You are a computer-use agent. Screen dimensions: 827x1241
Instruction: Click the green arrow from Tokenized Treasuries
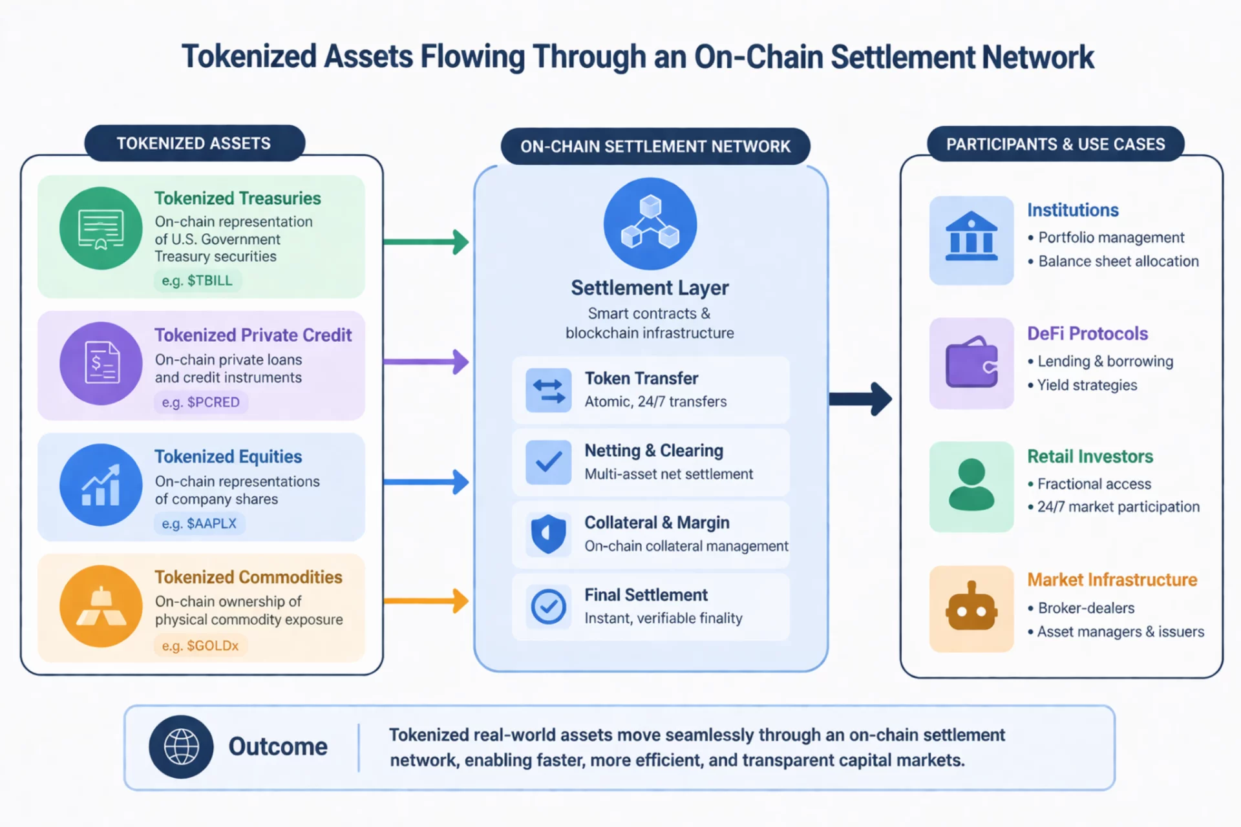click(x=425, y=242)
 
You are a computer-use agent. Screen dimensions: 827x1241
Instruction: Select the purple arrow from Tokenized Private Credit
click(x=425, y=362)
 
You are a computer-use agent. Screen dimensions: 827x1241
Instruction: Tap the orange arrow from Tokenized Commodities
click(x=425, y=601)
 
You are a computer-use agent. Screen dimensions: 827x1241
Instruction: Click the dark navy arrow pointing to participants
click(x=860, y=399)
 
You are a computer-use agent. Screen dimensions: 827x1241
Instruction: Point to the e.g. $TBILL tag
click(x=197, y=280)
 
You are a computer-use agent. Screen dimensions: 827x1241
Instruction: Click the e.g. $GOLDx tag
click(x=200, y=645)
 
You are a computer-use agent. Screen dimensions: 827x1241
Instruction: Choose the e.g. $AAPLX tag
click(x=198, y=523)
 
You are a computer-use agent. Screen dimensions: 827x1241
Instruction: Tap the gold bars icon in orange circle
click(x=101, y=606)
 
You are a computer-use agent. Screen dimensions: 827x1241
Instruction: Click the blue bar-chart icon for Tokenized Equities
click(x=101, y=485)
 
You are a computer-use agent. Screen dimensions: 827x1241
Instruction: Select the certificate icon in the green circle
click(x=101, y=229)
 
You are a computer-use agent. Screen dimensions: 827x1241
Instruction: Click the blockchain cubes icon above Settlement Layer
click(x=650, y=224)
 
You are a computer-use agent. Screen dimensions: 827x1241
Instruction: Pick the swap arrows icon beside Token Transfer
click(x=548, y=390)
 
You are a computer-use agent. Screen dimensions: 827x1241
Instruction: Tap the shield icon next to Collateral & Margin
click(x=548, y=534)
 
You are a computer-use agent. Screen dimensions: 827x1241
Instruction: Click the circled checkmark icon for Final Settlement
click(x=548, y=606)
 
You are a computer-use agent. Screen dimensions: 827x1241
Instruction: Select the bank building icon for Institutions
click(x=971, y=240)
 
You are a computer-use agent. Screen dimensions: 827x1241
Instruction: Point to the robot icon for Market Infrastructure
click(x=971, y=608)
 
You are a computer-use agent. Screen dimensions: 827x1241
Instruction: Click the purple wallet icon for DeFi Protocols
click(x=971, y=363)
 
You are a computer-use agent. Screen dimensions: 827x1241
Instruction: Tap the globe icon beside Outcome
click(x=181, y=747)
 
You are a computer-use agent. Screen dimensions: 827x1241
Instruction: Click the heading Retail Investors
click(x=1090, y=457)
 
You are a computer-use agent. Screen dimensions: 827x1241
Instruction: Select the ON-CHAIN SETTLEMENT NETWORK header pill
click(x=655, y=147)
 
